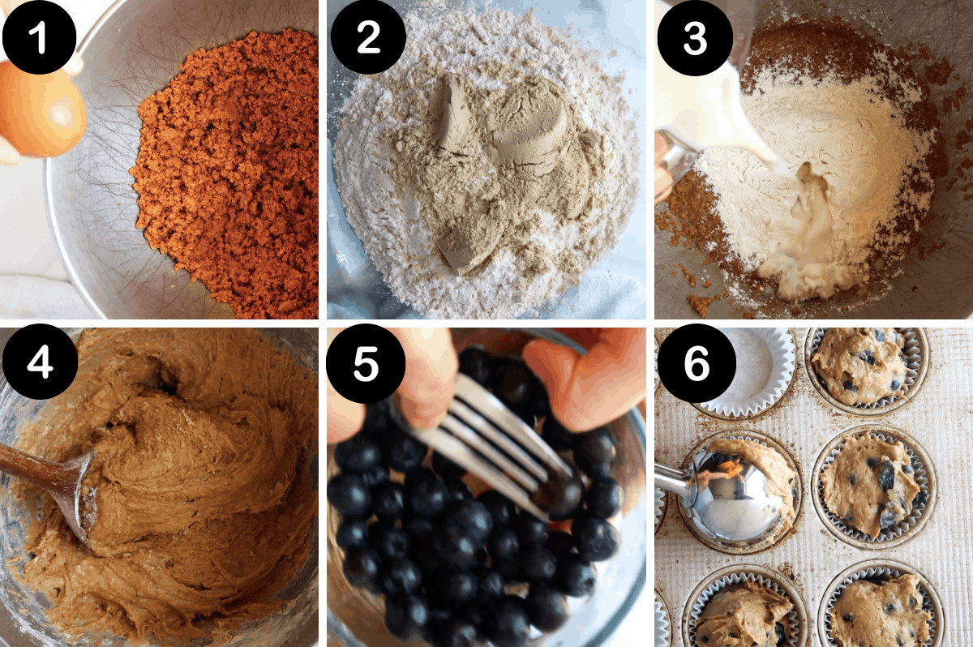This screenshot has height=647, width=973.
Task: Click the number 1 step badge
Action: tap(39, 38)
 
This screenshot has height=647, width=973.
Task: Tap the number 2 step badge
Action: tap(368, 38)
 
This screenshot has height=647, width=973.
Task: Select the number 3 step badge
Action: tap(695, 38)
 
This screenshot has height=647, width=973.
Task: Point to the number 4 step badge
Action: tap(39, 366)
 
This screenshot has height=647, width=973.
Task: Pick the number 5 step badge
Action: tap(365, 366)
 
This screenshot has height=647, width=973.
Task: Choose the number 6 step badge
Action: tap(695, 366)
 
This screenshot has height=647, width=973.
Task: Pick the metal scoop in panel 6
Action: tap(730, 503)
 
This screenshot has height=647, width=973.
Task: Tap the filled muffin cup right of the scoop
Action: tap(872, 486)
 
